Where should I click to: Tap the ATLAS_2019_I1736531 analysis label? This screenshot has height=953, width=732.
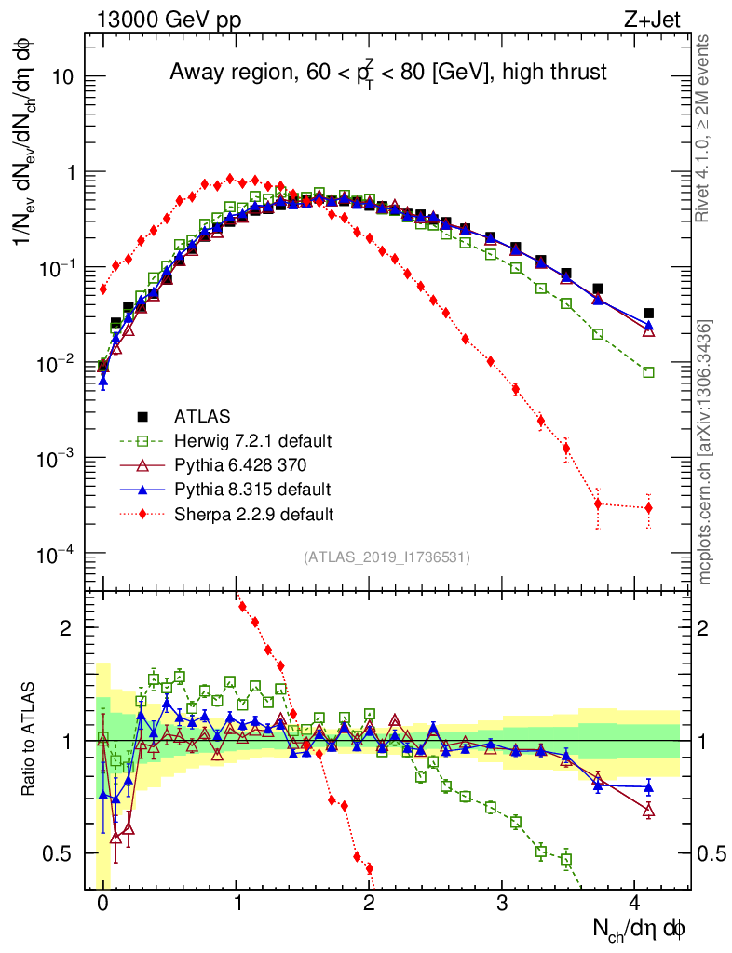pos(386,557)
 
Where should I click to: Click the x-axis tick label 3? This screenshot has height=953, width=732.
pos(502,903)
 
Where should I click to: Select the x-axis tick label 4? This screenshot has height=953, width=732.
pos(635,903)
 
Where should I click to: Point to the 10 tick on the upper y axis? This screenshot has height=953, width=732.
pos(61,77)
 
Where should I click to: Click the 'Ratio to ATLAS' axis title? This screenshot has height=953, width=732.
pos(30,739)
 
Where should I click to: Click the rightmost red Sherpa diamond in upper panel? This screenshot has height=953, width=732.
pos(648,507)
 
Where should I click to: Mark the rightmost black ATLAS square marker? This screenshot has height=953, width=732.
pos(648,314)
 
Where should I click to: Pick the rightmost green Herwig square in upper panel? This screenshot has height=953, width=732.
pos(648,372)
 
